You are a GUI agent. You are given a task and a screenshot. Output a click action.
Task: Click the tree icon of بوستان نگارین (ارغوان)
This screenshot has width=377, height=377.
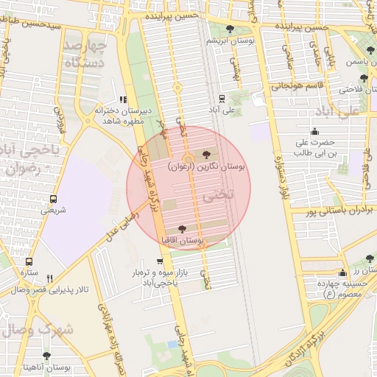205,155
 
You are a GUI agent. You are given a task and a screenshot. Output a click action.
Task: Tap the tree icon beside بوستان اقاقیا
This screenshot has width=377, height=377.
183,229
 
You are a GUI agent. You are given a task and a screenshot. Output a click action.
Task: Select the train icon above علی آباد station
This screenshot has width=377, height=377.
222,98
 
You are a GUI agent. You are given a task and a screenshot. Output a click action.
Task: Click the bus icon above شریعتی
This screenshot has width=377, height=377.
53,199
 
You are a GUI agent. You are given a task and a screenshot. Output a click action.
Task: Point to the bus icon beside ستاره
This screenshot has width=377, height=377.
29,261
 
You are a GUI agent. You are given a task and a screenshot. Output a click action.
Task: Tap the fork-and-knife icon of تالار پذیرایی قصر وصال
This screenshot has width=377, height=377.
49,278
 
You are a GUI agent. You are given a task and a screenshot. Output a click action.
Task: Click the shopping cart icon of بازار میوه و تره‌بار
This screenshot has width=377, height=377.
160,261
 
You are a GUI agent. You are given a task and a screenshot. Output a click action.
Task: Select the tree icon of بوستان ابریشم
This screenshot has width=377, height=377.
230,29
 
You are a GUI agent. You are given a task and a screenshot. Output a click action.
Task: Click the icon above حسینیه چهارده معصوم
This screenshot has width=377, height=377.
342,273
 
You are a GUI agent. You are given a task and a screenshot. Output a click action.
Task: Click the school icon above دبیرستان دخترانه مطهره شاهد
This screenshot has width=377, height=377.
123,99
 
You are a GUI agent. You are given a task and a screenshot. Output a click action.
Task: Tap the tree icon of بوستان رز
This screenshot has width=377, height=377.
370,258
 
